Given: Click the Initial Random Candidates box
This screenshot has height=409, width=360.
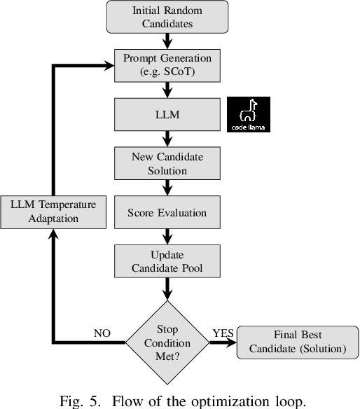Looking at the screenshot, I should (167, 17).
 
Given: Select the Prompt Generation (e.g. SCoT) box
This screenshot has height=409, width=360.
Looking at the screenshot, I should (167, 65).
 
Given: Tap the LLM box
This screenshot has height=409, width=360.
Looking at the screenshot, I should (167, 114).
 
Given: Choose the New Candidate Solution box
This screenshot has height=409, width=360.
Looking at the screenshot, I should (167, 162).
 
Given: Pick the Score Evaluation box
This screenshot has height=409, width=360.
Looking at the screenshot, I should (167, 212).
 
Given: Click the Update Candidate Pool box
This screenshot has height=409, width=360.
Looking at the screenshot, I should (167, 261).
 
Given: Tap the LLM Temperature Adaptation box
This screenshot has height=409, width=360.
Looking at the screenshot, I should (53, 212).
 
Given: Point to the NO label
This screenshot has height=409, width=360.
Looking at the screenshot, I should (103, 333).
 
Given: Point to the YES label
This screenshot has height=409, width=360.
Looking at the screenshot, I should (223, 333).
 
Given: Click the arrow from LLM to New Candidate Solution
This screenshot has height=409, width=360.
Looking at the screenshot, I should (167, 139).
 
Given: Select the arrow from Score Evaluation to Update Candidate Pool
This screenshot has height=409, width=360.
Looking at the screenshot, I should (167, 236).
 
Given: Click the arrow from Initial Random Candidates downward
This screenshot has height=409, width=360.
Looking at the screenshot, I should (167, 41).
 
